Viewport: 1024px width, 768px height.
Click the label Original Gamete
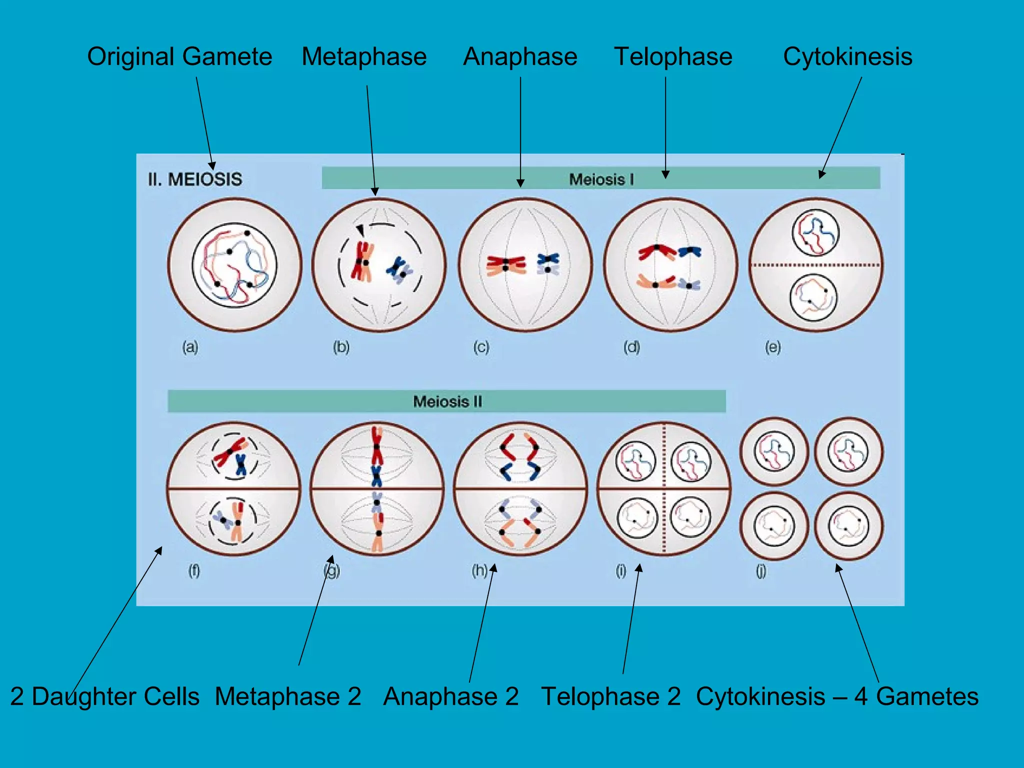(x=179, y=56)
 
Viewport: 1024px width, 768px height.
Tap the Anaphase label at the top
(x=520, y=56)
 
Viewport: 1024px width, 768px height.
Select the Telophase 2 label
(x=610, y=696)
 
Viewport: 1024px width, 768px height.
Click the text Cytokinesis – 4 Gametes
(x=837, y=696)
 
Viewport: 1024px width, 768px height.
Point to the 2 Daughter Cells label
(x=105, y=696)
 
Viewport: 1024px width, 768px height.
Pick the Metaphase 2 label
(x=288, y=696)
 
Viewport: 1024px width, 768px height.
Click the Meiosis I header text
(x=601, y=179)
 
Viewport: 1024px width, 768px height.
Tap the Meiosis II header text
(x=447, y=401)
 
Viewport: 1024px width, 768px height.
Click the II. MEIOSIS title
(x=195, y=179)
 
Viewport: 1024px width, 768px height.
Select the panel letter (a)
(x=190, y=346)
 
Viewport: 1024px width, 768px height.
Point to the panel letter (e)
(x=772, y=346)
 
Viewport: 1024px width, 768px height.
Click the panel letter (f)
(x=194, y=570)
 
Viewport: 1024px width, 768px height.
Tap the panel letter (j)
(x=760, y=570)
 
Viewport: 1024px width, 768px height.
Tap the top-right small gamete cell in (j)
(x=848, y=451)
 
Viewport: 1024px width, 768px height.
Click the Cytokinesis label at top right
(x=847, y=56)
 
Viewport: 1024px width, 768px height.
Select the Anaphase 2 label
(x=451, y=696)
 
